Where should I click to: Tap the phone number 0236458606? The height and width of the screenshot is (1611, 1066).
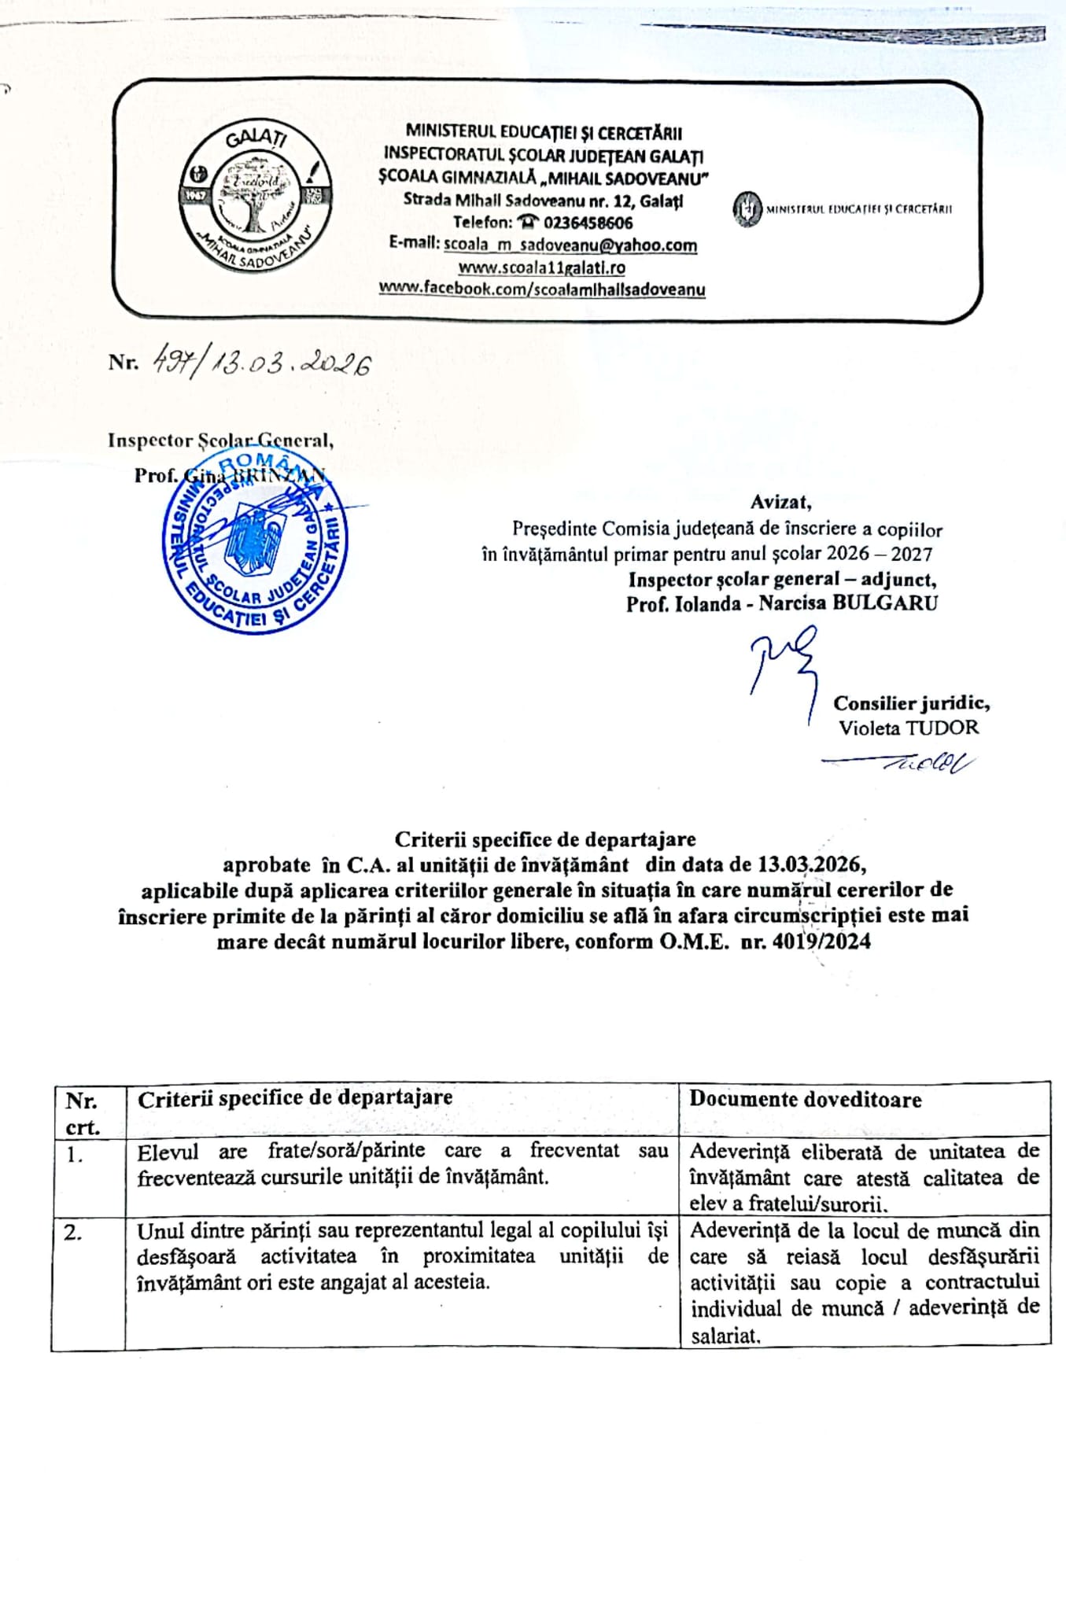[588, 223]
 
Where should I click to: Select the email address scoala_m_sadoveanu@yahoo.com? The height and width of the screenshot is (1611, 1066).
[570, 245]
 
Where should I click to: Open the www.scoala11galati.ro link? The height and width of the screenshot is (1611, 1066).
[542, 267]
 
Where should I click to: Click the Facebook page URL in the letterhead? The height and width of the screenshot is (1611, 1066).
[542, 289]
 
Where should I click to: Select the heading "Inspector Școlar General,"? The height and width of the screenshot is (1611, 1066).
[220, 441]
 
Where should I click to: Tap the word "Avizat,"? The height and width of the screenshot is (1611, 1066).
[780, 502]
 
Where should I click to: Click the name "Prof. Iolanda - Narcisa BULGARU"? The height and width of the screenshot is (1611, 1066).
[782, 604]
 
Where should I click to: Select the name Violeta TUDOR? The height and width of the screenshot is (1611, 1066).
[909, 728]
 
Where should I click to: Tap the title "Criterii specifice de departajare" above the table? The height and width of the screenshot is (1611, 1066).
[544, 839]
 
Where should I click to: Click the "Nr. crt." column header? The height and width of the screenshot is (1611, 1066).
[83, 1112]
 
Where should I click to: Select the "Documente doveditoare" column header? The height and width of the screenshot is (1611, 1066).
[806, 1100]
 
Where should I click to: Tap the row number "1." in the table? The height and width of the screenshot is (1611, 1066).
[75, 1155]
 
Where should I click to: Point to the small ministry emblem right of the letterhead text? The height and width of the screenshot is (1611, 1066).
[747, 209]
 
